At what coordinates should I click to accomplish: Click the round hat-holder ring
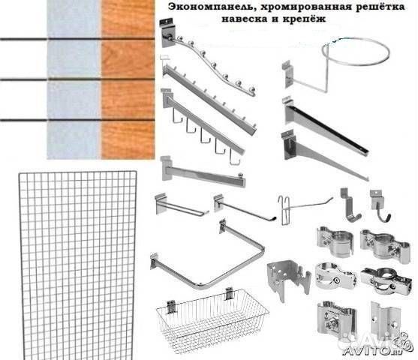(356, 52)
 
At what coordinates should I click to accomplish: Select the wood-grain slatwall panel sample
(128, 79)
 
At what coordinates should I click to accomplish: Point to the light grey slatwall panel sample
(74, 79)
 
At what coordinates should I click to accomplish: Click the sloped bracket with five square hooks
(203, 125)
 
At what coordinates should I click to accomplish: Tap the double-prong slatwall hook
(182, 205)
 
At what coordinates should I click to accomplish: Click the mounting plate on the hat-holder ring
(287, 73)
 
